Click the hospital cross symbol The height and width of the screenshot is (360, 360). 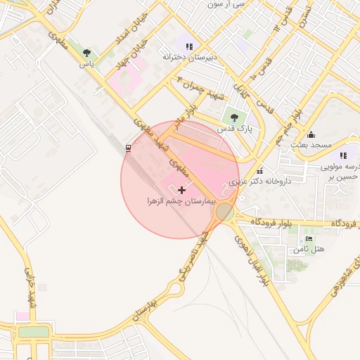[x=182, y=190]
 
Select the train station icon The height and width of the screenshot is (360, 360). [x=128, y=148]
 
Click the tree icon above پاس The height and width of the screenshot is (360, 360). [x=86, y=53]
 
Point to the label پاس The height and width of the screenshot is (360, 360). [x=86, y=64]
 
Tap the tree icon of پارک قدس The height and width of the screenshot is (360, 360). [x=234, y=118]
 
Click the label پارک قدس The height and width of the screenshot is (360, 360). [x=234, y=129]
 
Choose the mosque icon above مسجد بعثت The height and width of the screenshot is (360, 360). [x=311, y=134]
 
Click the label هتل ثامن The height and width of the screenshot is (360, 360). [x=309, y=250]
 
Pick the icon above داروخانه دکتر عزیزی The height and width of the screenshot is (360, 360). [x=260, y=170]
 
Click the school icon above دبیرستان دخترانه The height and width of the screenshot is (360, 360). [x=188, y=46]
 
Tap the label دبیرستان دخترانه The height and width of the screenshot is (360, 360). [x=188, y=57]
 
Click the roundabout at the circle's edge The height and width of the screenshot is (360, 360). [x=225, y=211]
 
